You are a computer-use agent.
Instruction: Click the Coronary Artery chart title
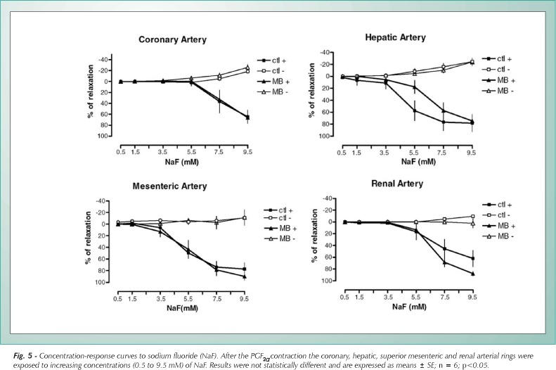click(x=172, y=39)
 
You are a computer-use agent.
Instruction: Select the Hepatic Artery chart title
click(x=395, y=37)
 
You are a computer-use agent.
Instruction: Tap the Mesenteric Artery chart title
click(x=169, y=186)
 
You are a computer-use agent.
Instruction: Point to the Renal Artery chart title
click(x=397, y=184)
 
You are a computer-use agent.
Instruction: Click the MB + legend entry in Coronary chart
click(x=273, y=82)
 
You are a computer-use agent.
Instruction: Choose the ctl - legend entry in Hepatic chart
click(x=496, y=70)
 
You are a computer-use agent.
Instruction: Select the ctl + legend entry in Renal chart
click(x=497, y=205)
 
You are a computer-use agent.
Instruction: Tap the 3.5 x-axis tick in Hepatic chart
click(x=384, y=153)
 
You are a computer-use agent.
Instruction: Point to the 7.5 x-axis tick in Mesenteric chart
click(x=216, y=299)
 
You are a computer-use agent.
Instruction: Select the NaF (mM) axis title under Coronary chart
click(x=182, y=162)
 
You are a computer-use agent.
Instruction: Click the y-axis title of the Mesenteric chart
click(x=89, y=238)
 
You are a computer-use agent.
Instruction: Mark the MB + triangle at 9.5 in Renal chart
click(x=472, y=274)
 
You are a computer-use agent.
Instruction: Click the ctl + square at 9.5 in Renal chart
click(x=472, y=259)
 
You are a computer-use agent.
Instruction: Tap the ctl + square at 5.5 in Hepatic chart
click(x=414, y=110)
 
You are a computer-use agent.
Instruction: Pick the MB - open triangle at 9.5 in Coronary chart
click(x=247, y=67)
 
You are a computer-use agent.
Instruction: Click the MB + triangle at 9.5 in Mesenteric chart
click(x=245, y=276)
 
